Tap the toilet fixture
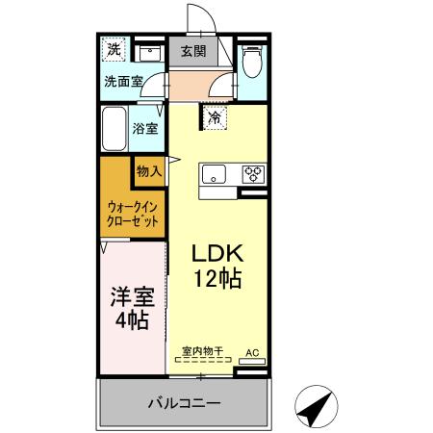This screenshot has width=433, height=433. point(251,62)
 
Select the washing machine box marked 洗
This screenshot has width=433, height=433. point(114,49)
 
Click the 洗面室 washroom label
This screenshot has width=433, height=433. point(122,82)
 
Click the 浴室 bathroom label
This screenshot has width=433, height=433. point(146,127)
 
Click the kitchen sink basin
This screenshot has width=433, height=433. point(213,174)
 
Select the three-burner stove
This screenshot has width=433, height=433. point(253,174)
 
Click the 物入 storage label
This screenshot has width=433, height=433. point(149,170)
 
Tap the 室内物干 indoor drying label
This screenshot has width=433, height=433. point(202,353)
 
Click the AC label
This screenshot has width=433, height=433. point(252,354)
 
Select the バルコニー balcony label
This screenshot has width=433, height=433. point(184,401)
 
